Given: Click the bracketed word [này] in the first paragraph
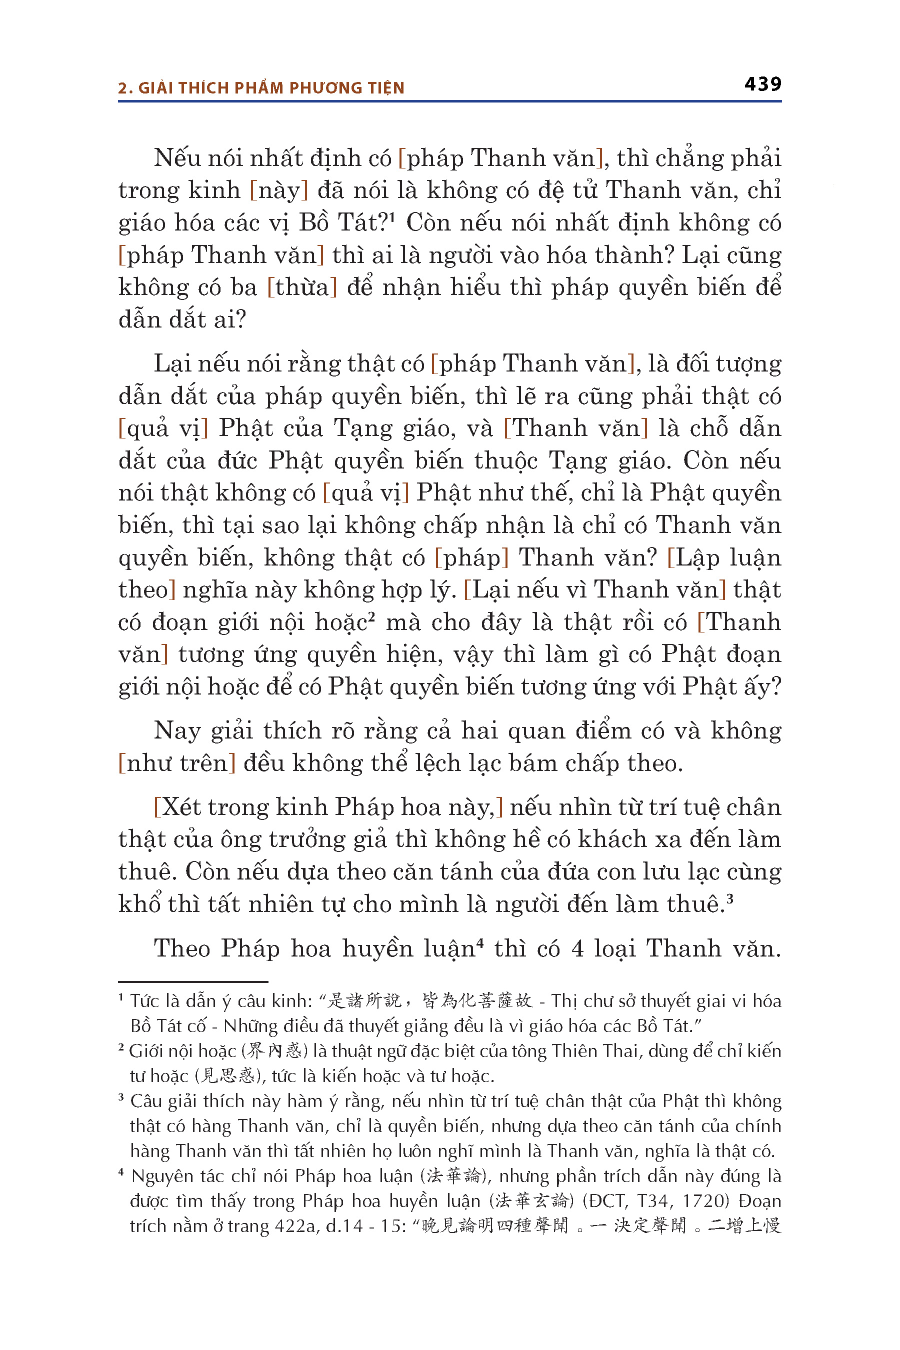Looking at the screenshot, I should (x=279, y=190).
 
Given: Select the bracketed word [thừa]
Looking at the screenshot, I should (x=302, y=287).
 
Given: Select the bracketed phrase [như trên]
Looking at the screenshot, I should (x=177, y=764).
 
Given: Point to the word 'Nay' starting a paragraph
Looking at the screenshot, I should (x=176, y=731).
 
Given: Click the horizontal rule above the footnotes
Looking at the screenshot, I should (x=193, y=982).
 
